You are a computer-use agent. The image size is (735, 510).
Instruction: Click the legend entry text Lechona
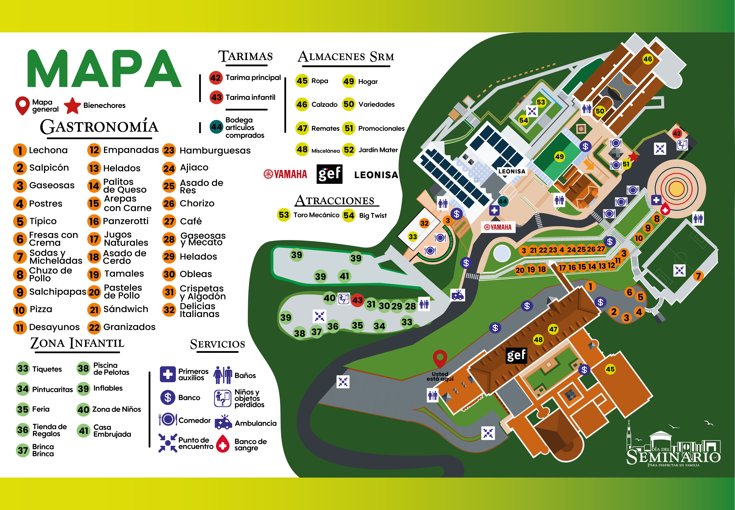pos(48,150)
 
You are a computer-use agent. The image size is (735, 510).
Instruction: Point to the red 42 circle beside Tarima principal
pos(216,78)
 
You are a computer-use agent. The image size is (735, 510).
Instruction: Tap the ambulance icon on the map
pos(458,295)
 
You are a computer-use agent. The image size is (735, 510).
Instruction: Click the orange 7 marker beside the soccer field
pos(698,276)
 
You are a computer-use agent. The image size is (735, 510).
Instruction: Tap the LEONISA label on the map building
pos(511,171)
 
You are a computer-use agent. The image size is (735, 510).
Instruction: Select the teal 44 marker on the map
pos(503,201)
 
